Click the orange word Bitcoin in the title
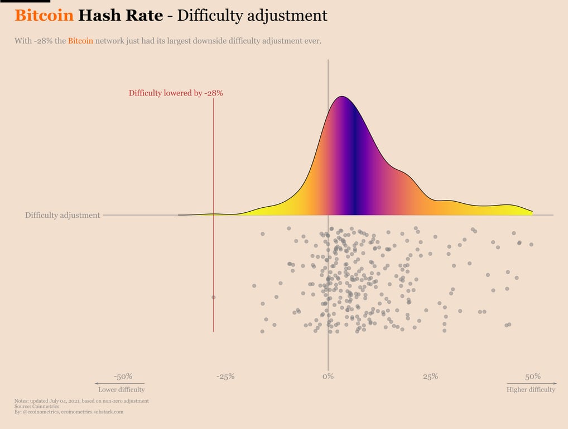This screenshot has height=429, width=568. (44, 15)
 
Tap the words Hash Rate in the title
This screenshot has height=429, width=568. (121, 15)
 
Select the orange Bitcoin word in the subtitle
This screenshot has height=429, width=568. (80, 41)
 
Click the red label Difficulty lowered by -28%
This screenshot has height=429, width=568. (176, 93)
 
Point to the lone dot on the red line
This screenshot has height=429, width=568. (213, 297)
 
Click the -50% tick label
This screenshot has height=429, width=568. (123, 376)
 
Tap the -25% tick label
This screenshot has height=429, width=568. (225, 376)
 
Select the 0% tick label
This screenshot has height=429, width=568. (328, 376)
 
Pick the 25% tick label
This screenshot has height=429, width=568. (430, 376)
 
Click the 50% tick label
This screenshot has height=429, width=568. (533, 376)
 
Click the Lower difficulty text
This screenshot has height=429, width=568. (121, 389)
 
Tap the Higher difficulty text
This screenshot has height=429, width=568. (531, 389)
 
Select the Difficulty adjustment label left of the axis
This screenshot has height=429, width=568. (62, 215)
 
